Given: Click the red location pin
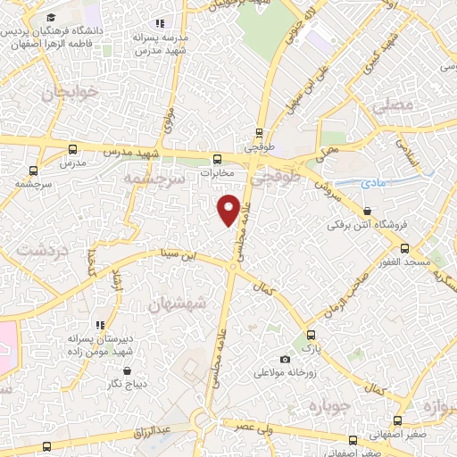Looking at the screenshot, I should coord(229,209).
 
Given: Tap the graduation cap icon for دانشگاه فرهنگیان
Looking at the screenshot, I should coord(51,18).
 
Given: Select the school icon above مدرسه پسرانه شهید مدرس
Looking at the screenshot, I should coord(161,23).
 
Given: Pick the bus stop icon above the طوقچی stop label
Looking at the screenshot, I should coord(259,129).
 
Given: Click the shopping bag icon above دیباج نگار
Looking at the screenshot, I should coord(127,370).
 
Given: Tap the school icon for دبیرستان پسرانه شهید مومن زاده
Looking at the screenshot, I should coord(101,325).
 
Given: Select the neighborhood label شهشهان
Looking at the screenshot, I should coord(181,304).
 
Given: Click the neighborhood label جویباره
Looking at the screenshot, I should coord(326,405).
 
